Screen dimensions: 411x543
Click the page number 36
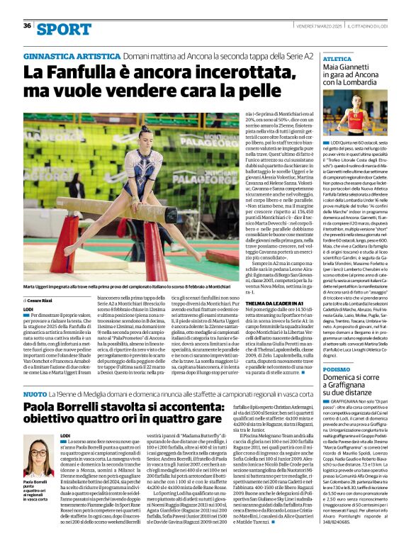tap(28, 26)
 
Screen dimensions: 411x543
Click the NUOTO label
tap(35, 393)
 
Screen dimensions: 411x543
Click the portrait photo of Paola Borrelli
tap(40, 457)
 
